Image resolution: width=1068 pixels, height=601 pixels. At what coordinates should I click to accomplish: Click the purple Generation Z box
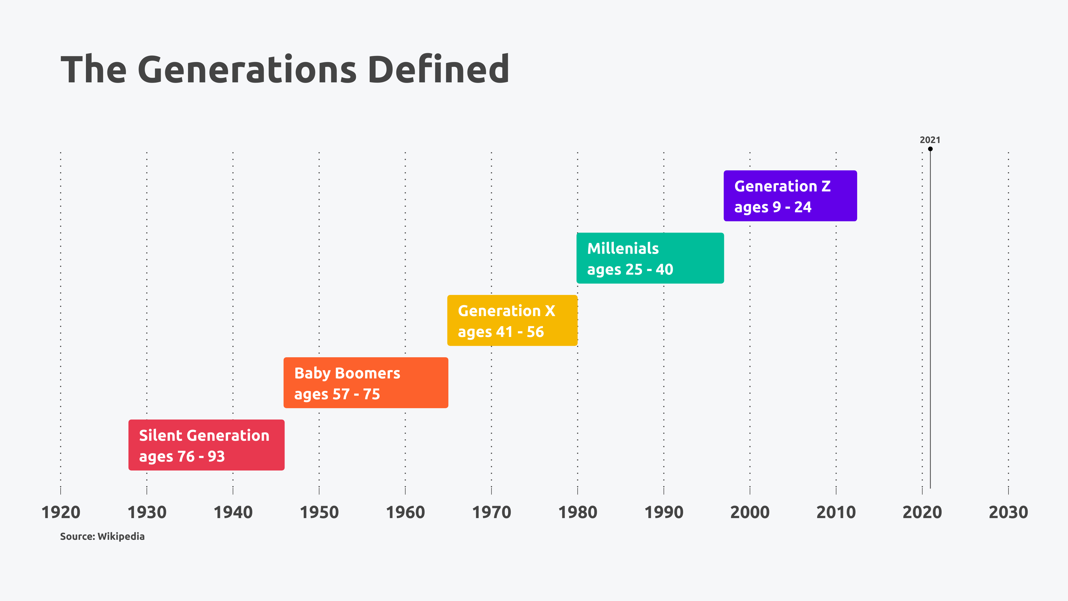pos(790,196)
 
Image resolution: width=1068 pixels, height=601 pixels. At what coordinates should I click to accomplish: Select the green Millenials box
pos(650,258)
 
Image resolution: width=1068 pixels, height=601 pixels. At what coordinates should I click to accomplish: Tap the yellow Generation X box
pos(512,320)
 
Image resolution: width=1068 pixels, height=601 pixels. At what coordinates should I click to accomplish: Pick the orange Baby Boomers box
pos(366,382)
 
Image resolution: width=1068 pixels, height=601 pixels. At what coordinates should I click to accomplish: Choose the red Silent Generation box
pos(206,445)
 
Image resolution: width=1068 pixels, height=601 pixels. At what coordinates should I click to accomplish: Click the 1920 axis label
pos(61,512)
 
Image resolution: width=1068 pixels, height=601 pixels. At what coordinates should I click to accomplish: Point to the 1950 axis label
pos(319,512)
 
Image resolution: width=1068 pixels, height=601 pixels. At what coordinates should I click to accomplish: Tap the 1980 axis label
pos(578,512)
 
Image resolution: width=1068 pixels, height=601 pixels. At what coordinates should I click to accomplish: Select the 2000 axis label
pos(750,512)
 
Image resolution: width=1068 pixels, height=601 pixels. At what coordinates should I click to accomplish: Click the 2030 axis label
pos(1008,512)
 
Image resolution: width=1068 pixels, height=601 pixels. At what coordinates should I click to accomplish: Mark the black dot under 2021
pos(930,149)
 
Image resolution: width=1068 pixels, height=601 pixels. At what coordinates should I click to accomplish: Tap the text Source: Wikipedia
pos(102,536)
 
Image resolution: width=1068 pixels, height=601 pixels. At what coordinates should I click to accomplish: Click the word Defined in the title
pos(438,69)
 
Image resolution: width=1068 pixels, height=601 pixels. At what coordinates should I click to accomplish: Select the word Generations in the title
pos(247,69)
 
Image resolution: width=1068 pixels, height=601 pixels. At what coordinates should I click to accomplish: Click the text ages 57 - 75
pos(337,394)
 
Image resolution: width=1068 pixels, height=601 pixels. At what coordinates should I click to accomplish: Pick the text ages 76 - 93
pos(182,456)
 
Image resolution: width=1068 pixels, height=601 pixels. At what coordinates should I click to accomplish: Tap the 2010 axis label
pos(836,512)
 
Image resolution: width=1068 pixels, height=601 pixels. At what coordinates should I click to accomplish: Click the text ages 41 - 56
pos(500,332)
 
